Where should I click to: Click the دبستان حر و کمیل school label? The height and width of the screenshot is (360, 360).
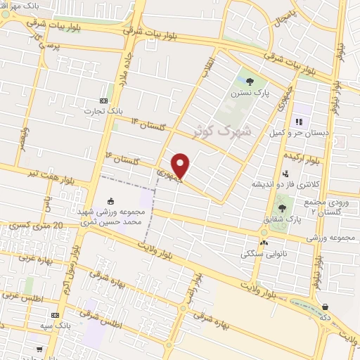tap(299, 132)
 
